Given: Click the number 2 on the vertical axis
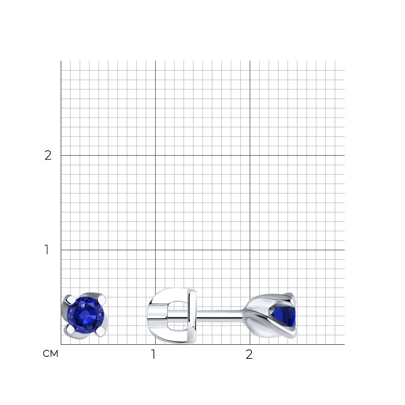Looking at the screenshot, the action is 48,156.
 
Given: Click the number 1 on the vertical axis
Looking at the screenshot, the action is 47,250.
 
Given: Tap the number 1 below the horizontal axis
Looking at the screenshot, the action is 153,354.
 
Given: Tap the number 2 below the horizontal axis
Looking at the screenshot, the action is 249,354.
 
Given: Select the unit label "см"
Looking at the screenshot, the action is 51,354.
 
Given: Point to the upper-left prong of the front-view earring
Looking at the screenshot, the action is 70,300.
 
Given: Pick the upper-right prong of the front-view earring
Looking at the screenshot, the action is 102,299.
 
